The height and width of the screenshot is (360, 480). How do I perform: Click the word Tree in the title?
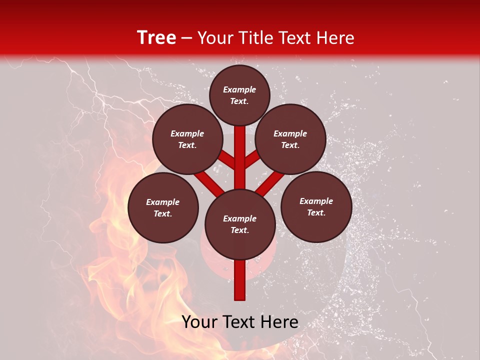coord(156,38)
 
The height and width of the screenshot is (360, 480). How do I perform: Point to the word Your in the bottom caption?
coord(200,322)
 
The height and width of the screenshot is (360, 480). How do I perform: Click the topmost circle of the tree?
coord(239,95)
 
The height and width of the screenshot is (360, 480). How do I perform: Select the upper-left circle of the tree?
coord(187,139)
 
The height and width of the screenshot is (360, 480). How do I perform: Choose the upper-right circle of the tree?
coord(290,139)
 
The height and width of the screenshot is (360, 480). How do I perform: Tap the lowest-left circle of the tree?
coord(163,207)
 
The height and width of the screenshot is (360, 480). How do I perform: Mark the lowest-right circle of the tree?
coord(316,206)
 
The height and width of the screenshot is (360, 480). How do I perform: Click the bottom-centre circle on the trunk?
coord(240,224)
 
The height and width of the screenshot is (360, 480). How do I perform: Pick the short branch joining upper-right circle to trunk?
coord(252,159)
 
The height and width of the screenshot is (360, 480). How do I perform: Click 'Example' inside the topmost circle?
coord(239,89)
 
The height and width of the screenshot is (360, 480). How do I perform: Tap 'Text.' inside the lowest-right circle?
coord(316,212)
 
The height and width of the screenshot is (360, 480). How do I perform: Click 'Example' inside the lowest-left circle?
coord(163,202)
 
